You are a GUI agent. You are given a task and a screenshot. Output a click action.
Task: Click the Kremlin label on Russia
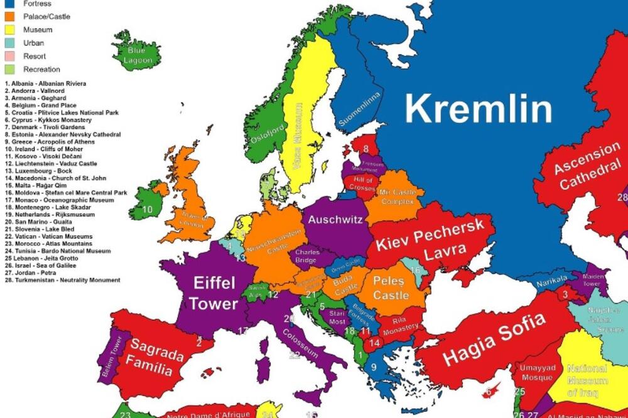pos(479,109)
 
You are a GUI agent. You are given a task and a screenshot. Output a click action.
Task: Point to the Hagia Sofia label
pos(494,340)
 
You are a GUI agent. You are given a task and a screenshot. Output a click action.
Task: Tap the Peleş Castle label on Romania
pos(391,287)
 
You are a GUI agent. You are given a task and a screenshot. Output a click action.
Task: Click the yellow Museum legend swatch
pos(10,29)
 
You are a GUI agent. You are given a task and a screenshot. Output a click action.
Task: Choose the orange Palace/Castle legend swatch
pos(10,16)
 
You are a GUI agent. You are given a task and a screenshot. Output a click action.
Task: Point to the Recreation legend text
pos(41,69)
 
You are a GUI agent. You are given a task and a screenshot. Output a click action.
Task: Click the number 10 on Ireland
pos(148,209)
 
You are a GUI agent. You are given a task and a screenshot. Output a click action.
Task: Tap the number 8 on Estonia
pos(365,149)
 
